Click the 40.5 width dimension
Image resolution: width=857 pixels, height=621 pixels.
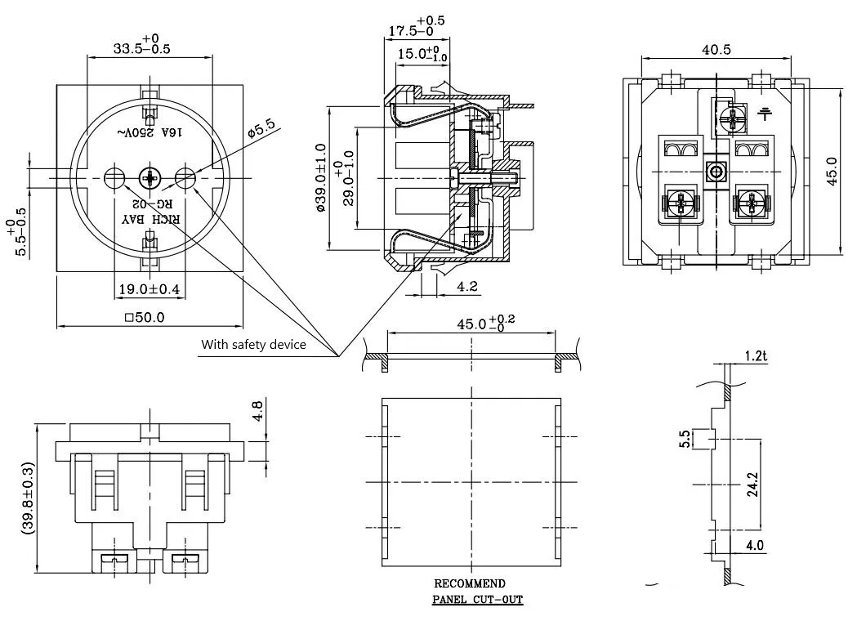(716, 50)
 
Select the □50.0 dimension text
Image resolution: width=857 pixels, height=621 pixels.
(144, 316)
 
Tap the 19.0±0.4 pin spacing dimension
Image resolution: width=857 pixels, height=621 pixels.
(149, 288)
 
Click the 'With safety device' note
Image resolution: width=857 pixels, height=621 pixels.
(253, 345)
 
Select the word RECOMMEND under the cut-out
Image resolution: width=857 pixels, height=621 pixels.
(469, 583)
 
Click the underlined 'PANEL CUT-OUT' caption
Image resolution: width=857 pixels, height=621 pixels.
(477, 600)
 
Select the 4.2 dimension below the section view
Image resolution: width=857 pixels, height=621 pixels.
(467, 287)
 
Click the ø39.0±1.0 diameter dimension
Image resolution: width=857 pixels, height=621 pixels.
(320, 178)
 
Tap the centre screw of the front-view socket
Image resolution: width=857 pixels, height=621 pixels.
(150, 176)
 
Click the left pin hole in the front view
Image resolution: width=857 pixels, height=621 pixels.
(114, 176)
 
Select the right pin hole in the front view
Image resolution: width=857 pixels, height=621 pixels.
(185, 176)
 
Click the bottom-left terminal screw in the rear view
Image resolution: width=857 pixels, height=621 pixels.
(679, 202)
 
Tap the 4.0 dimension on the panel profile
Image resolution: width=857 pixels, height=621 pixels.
(754, 545)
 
